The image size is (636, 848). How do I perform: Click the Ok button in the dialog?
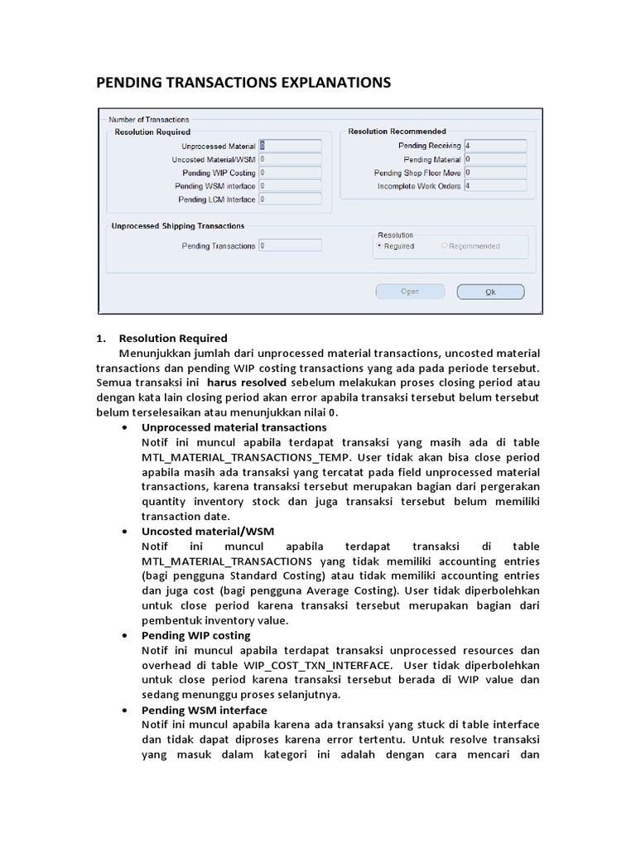pos(490,291)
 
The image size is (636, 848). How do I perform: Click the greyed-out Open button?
pos(410,291)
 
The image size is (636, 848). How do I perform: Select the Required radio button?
pos(379,246)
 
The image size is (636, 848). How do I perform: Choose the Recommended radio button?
pos(445,246)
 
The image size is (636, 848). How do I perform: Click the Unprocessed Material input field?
pos(290,146)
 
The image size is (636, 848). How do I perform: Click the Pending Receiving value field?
pos(495,146)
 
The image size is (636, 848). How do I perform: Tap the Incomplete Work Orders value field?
pos(495,186)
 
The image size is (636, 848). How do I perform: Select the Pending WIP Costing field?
pos(290,173)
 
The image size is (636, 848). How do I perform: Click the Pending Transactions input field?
pos(290,246)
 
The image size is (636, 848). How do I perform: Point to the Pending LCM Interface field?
pos(290,200)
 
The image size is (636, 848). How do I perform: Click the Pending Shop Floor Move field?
pos(495,173)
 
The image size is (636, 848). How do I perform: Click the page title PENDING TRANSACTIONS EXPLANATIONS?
pos(243,83)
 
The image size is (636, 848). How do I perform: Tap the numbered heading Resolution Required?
pos(173,338)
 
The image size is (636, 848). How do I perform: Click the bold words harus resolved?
pos(247,383)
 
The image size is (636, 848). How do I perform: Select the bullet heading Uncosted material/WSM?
pos(208,531)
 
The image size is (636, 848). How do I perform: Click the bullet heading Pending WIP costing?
pos(196,635)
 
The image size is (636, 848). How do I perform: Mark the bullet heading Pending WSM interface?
pos(205,710)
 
